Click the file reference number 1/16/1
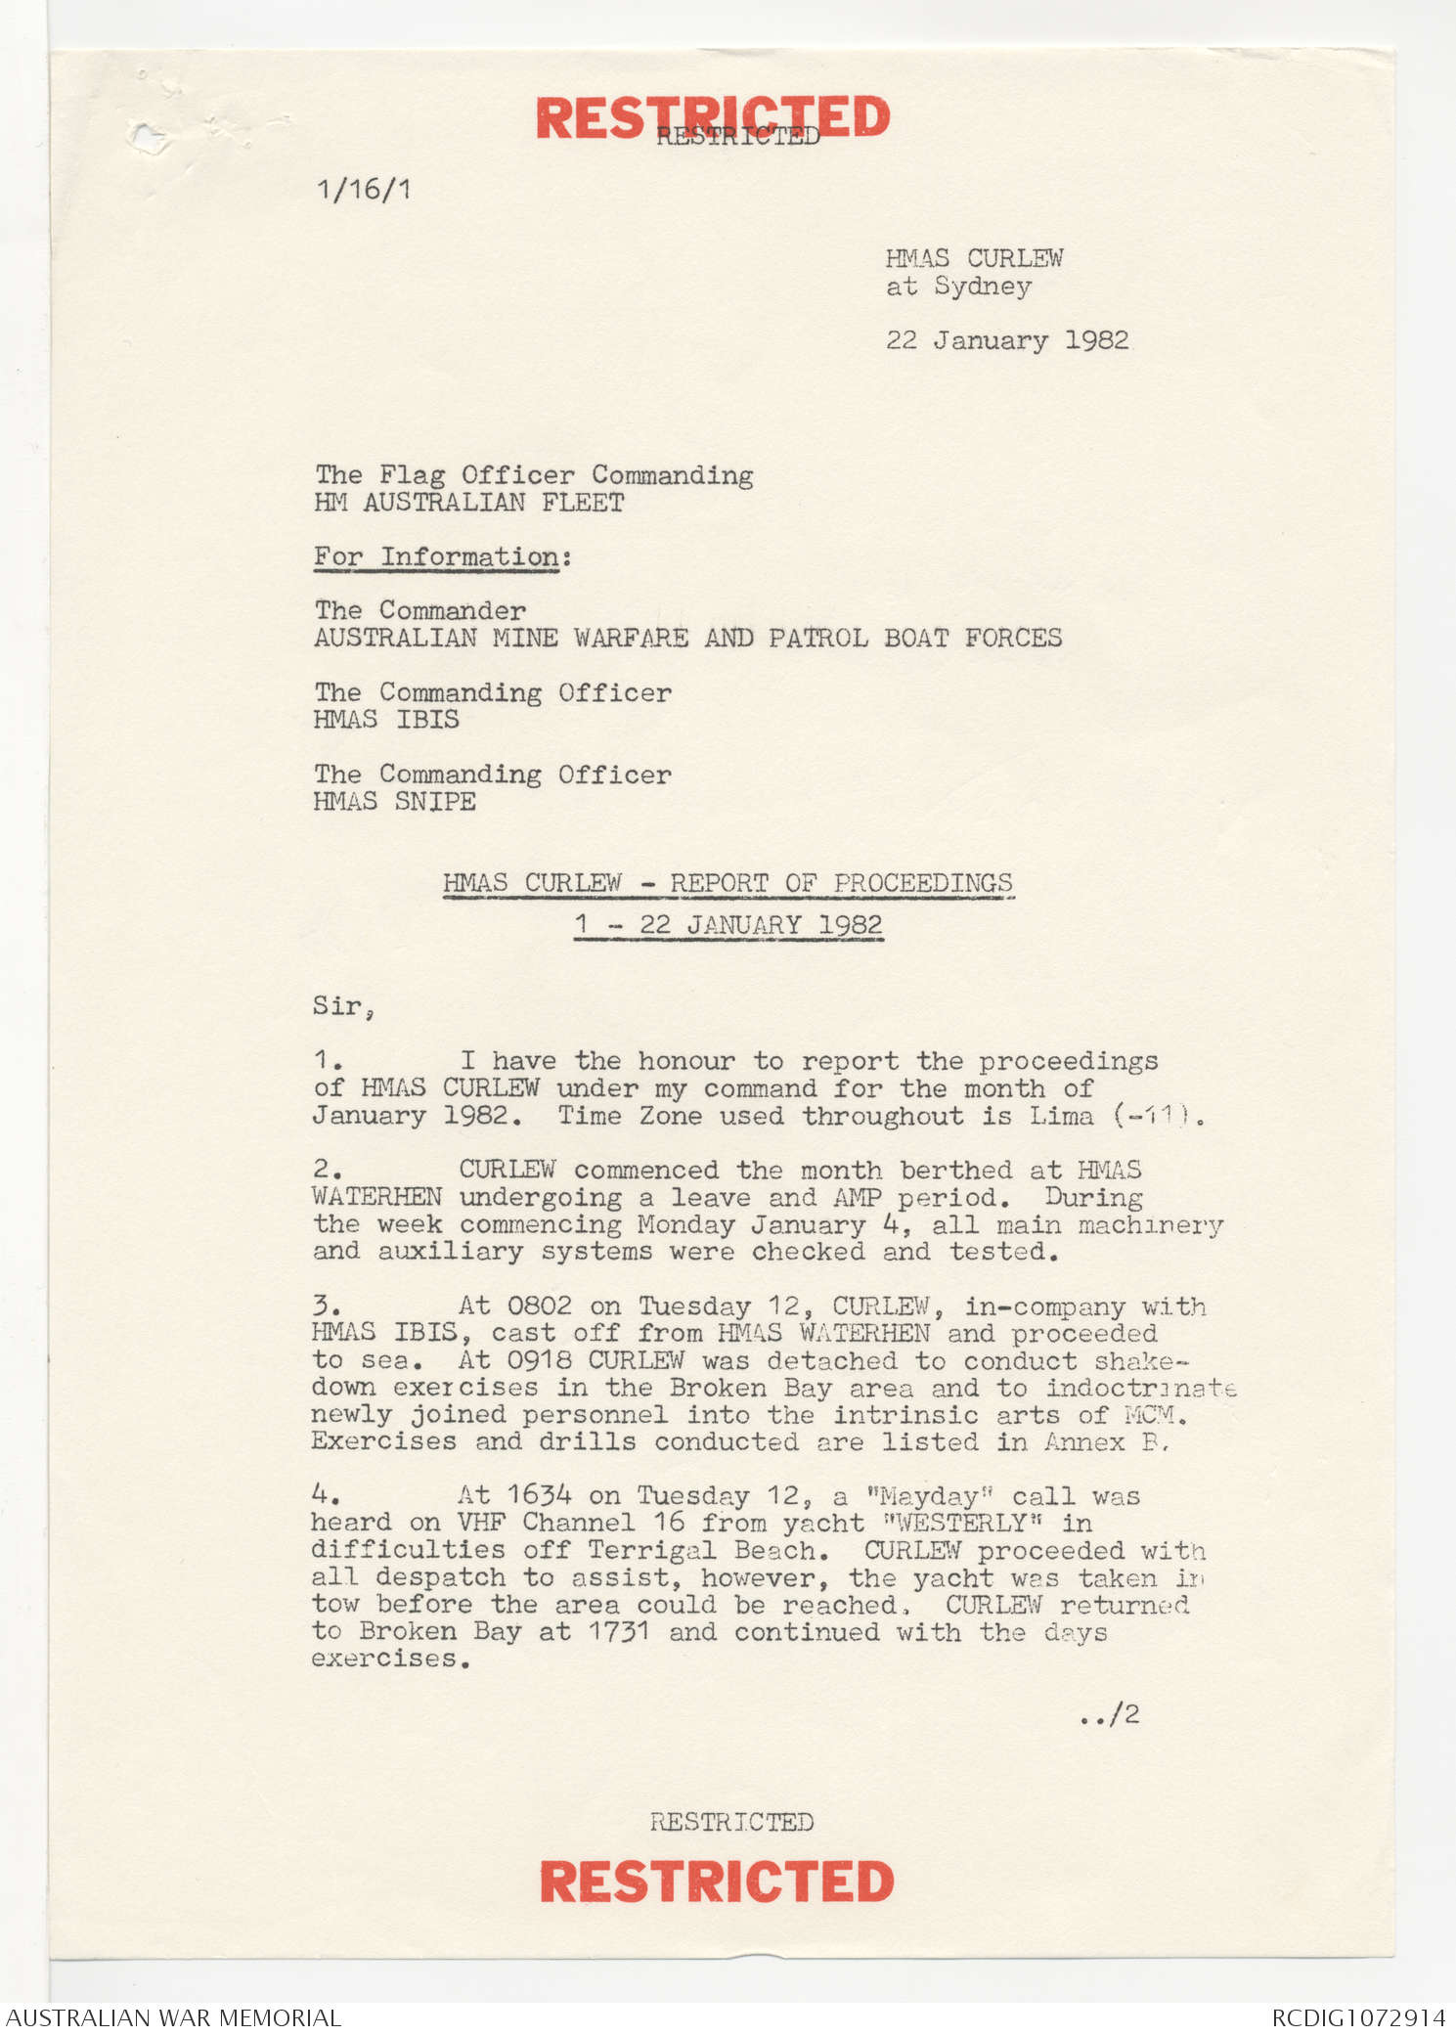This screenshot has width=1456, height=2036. (363, 189)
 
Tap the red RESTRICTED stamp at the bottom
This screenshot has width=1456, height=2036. (716, 1881)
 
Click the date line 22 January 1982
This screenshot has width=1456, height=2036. (1006, 340)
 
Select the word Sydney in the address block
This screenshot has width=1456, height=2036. (982, 287)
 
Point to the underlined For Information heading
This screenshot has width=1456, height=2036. (436, 557)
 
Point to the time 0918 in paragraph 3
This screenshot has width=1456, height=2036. (539, 1360)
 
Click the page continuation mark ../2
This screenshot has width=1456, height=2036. (1110, 1714)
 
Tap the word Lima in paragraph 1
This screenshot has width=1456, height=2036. (1061, 1116)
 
